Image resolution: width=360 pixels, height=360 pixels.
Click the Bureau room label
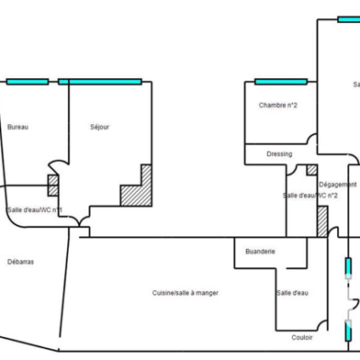[x=17, y=127]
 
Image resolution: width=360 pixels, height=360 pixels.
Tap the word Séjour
[x=100, y=127]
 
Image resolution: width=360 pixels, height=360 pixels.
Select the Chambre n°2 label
[x=277, y=106]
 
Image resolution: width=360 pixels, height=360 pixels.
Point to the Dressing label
[x=279, y=153]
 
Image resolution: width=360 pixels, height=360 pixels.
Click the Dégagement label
[x=338, y=185]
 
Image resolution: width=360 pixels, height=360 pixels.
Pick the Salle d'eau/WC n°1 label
[x=35, y=210]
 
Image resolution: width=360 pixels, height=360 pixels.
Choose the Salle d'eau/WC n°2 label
[x=310, y=196]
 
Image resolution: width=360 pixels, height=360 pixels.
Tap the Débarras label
[x=20, y=262]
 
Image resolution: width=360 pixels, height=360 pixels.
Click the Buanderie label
[x=261, y=251]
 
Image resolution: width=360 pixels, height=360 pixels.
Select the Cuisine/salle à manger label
[x=186, y=293]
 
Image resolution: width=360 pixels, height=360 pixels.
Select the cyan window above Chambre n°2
[x=280, y=82]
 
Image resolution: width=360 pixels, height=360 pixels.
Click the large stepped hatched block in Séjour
[x=138, y=188]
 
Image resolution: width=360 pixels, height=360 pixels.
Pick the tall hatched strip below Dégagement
[x=322, y=220]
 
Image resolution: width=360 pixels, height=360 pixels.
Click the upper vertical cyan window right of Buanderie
[x=347, y=268]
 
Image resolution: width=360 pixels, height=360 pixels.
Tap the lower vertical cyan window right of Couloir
[x=347, y=328]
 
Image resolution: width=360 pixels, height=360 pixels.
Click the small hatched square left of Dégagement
[x=311, y=170]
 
